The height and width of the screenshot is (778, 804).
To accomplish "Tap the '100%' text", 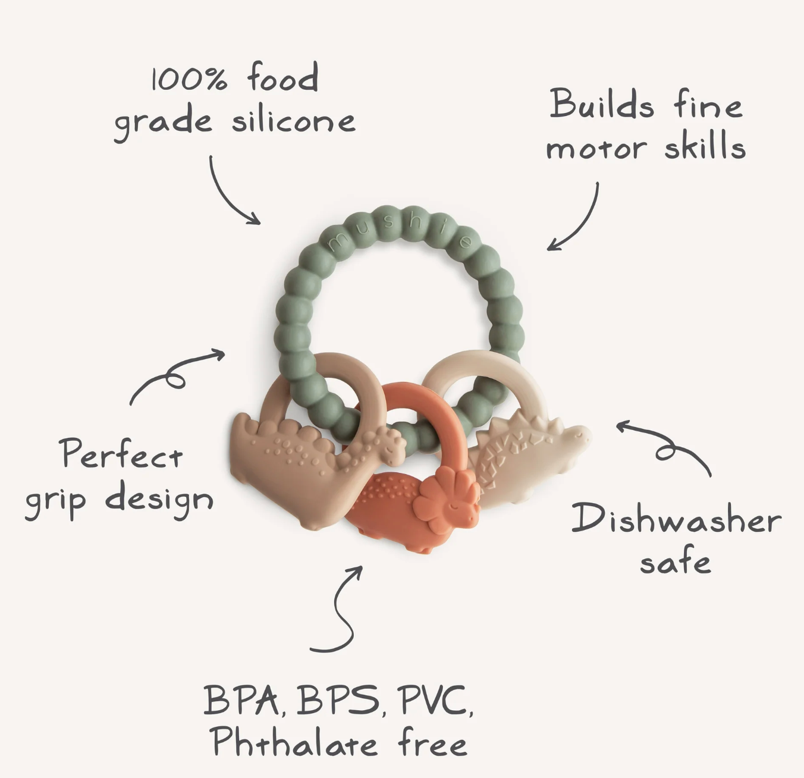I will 189,79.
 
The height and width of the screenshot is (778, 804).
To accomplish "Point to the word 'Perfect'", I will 121,455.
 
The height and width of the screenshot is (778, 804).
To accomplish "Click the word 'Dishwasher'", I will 676,519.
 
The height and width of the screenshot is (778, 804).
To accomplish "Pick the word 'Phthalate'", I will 295,742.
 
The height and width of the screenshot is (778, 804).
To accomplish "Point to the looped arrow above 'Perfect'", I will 175,374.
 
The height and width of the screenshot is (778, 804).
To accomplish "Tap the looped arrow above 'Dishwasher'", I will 666,446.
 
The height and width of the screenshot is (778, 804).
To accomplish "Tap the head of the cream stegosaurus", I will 574,437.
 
